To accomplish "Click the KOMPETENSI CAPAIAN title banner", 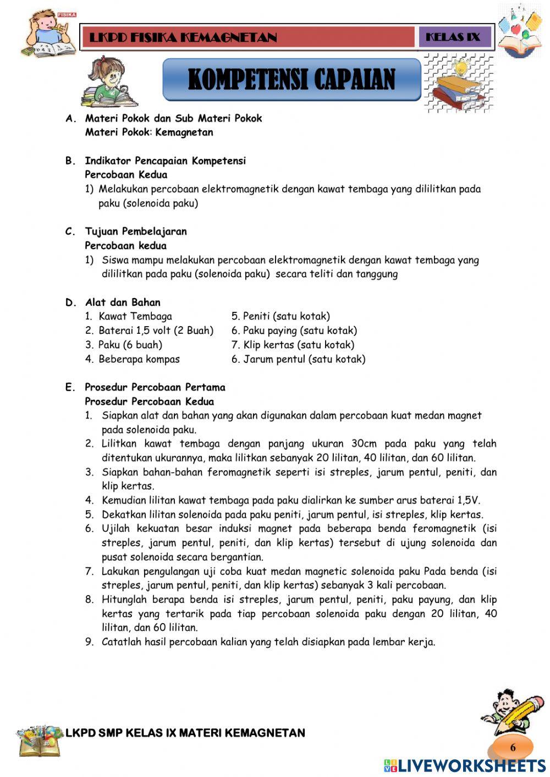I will (291, 80).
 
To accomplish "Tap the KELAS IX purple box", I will (453, 37).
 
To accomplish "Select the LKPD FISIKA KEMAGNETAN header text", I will (183, 37).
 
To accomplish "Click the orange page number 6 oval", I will (513, 747).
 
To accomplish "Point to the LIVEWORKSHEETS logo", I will (465, 766).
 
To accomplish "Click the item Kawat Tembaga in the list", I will (135, 316).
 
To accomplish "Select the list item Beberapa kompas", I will (139, 359).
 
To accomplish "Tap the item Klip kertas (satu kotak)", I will (299, 345).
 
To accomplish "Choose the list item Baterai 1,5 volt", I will (155, 330).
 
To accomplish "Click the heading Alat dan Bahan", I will (123, 302).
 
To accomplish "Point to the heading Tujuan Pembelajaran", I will (136, 231).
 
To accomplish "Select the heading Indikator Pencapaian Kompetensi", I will (165, 161).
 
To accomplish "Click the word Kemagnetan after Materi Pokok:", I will (184, 132).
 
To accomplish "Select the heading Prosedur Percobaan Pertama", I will (155, 387).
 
